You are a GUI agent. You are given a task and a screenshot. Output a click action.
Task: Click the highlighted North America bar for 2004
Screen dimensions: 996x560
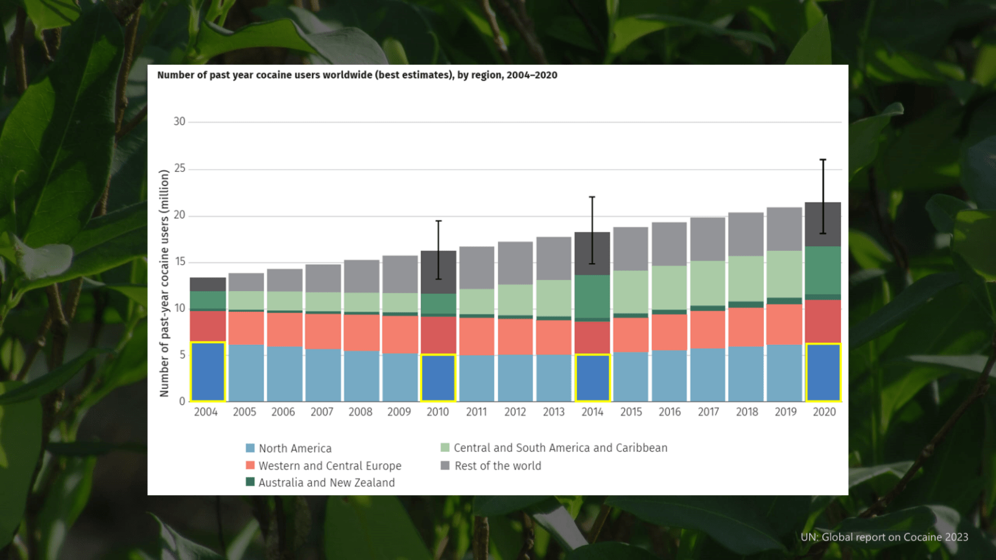[207, 371]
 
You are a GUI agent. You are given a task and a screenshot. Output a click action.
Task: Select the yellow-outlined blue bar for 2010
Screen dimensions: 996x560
[438, 378]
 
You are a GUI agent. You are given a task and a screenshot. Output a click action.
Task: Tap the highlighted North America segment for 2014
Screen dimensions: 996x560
[592, 378]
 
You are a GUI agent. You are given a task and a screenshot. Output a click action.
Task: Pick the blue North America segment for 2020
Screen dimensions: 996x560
[823, 373]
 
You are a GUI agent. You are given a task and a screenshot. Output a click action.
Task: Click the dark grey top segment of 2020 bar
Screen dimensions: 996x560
[823, 224]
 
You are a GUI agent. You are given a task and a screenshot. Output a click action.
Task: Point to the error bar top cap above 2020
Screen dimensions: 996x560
[823, 159]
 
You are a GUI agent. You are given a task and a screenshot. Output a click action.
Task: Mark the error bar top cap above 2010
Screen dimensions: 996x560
[438, 221]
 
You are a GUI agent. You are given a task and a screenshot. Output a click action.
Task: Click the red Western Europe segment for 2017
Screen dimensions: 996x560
[708, 329]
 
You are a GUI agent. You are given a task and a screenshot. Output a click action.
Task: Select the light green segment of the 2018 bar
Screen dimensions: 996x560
[746, 279]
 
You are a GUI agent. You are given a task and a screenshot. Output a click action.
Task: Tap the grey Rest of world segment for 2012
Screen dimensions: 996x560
[516, 263]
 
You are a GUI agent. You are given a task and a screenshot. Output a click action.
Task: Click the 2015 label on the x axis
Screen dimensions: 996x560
[631, 412]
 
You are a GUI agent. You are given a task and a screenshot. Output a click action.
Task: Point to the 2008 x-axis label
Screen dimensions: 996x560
[360, 412]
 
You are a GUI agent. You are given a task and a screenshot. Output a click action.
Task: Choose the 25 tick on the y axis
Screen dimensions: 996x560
[179, 169]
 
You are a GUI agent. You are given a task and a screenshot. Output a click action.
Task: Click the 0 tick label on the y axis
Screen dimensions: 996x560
[182, 401]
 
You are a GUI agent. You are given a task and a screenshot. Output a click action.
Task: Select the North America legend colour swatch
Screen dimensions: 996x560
[250, 448]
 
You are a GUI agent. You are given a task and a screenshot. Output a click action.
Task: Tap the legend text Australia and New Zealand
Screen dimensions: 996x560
[327, 483]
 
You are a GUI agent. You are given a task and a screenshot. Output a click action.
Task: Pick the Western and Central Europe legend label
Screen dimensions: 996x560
[330, 466]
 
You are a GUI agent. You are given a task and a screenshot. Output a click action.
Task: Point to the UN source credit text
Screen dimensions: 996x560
[884, 537]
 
